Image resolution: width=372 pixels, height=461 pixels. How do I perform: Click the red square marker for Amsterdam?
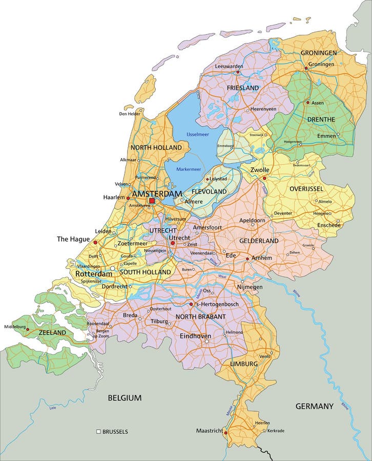(152, 201)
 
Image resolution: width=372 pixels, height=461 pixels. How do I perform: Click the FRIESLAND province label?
(243, 88)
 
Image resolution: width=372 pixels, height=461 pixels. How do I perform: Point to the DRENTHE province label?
(321, 119)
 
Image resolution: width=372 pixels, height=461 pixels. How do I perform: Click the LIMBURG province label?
(243, 363)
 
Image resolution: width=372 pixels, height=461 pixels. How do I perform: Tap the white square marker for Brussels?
(98, 432)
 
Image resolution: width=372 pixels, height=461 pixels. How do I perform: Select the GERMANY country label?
(314, 406)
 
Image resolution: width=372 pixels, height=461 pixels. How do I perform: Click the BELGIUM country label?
(125, 397)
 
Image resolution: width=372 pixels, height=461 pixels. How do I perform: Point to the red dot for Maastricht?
(225, 432)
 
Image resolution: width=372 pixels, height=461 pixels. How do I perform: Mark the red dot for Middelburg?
(28, 330)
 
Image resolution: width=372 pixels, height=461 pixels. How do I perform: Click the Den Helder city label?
(130, 114)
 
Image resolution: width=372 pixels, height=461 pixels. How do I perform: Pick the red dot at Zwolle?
(264, 178)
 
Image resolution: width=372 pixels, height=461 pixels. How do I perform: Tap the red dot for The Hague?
(95, 242)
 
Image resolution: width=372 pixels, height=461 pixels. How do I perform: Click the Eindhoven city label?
(195, 336)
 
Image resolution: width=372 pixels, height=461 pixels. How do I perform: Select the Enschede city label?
(328, 225)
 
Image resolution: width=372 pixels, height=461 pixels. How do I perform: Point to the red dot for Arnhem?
(248, 259)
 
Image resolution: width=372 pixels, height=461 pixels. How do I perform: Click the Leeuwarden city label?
(229, 66)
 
